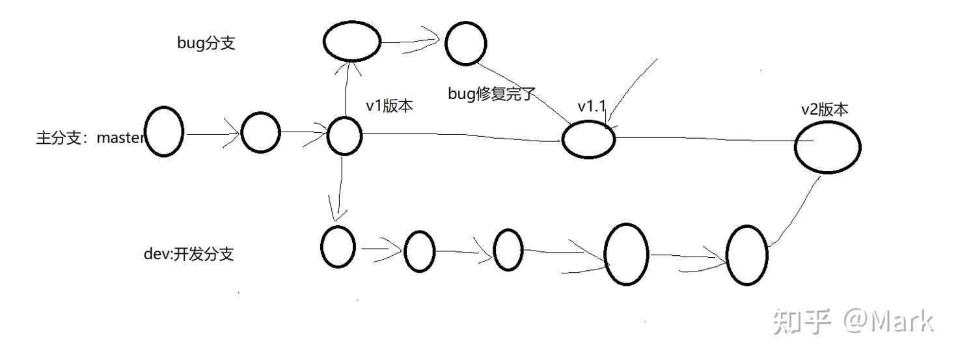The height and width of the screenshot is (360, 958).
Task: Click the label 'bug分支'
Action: [x=206, y=43]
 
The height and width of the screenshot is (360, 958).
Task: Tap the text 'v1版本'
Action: [x=389, y=105]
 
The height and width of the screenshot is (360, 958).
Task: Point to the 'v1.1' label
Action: [x=592, y=107]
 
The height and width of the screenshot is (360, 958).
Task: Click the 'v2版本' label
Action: [x=825, y=110]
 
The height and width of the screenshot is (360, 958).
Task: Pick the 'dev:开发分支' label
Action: [x=189, y=254]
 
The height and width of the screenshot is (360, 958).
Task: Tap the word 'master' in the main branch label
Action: [x=121, y=137]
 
